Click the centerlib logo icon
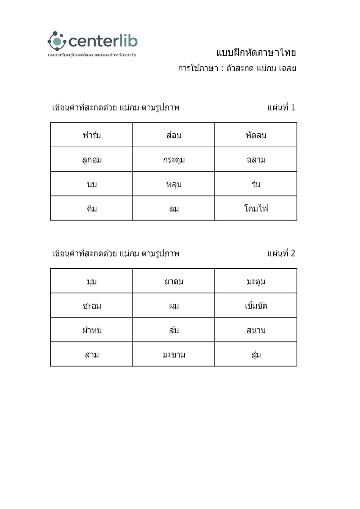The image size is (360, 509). [57, 41]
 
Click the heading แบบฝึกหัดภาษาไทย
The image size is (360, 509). [256, 53]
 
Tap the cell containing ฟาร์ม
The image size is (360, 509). [92, 135]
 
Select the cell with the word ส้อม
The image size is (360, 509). [174, 135]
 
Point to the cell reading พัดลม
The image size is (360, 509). [256, 135]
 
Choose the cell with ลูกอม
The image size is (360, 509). [92, 160]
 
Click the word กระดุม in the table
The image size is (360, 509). [174, 160]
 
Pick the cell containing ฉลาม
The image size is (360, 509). [256, 160]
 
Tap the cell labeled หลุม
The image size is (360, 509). [174, 184]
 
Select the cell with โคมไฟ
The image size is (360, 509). [256, 209]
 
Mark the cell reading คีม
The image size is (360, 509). [92, 209]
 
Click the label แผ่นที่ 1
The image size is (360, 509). [281, 107]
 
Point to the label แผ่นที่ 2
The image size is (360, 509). [281, 254]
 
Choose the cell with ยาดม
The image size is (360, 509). [174, 282]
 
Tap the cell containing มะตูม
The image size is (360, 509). [256, 282]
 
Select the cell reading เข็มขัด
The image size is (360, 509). [256, 306]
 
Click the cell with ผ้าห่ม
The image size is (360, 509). [92, 330]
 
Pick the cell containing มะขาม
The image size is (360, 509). [174, 355]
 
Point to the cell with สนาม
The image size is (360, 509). [256, 330]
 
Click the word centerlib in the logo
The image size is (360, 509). [103, 41]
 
